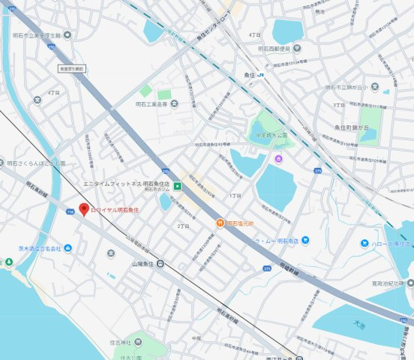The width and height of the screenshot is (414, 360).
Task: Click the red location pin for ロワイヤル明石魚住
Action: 84,209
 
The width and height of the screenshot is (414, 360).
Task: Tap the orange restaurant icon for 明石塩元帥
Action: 220,223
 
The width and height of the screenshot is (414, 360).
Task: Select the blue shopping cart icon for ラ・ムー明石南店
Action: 306,241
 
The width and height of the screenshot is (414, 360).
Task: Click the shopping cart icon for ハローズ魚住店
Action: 364,243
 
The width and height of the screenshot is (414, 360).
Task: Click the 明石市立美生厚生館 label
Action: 41,35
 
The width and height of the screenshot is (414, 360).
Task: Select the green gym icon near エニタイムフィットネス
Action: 178,185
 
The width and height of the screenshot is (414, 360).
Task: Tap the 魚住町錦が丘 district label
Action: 354,129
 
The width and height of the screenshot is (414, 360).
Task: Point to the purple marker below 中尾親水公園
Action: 278,158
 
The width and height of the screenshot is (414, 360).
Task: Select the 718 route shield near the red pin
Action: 70,212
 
